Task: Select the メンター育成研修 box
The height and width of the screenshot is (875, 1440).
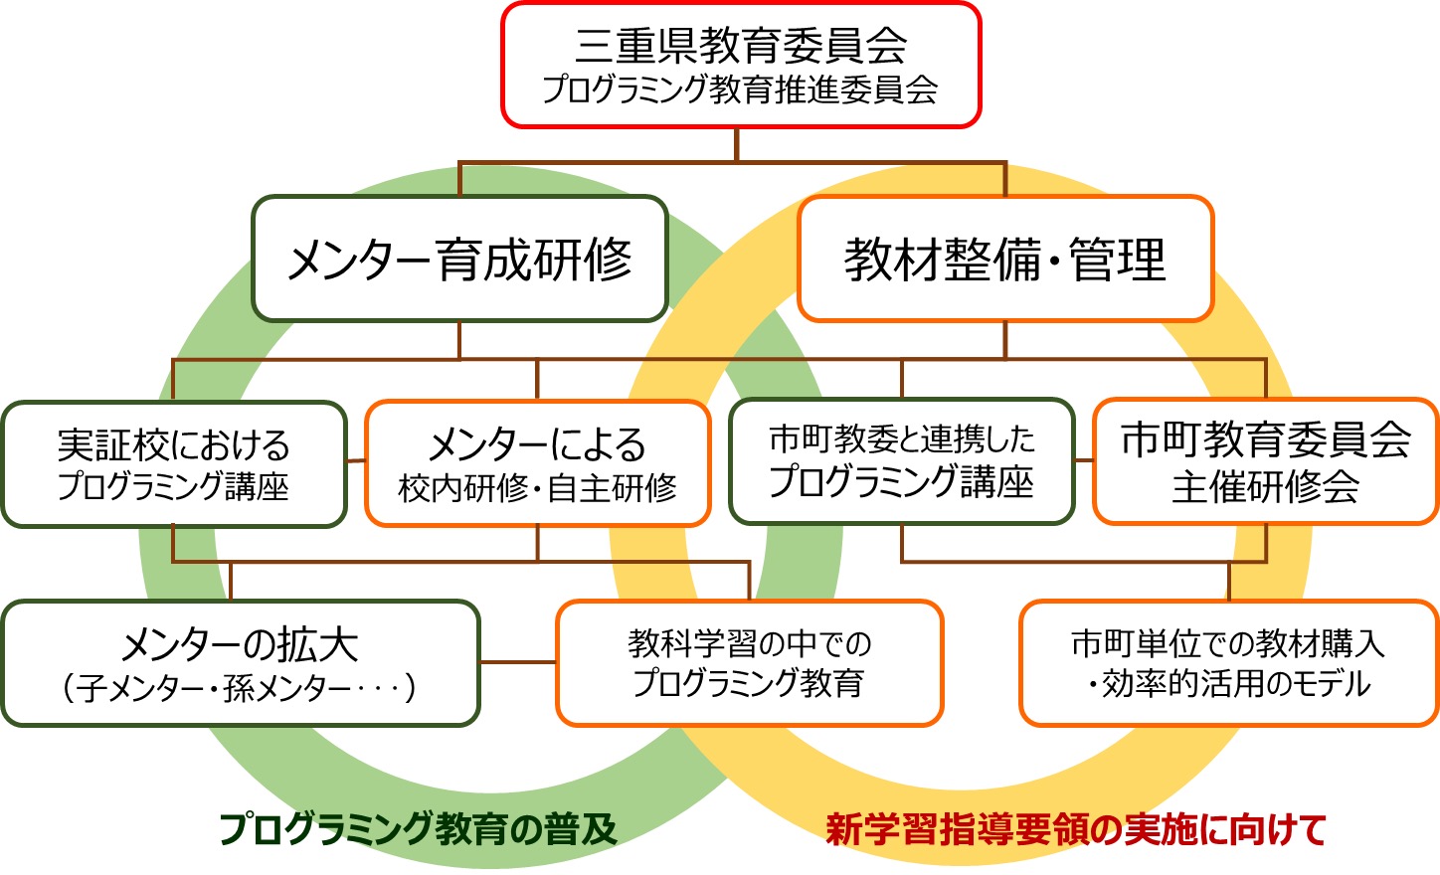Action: [459, 259]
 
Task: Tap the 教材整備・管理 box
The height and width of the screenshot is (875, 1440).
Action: [1004, 259]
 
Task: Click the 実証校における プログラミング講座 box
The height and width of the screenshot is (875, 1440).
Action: [173, 463]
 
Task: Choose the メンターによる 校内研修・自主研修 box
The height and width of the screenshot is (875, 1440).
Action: [537, 463]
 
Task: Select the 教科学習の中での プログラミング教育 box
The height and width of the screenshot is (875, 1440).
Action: [749, 663]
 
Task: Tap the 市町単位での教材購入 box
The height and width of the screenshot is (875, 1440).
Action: [1228, 644]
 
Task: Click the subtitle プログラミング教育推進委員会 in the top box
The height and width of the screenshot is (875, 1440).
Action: [740, 89]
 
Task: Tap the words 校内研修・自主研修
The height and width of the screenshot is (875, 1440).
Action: [537, 487]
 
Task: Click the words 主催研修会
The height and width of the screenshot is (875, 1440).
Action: [1265, 487]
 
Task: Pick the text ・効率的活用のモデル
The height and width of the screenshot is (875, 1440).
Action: [1228, 684]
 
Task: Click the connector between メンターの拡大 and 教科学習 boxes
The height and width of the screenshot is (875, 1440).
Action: [517, 662]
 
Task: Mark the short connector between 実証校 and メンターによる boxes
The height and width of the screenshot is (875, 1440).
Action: [356, 461]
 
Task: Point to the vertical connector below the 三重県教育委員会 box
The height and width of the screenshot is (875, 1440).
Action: [737, 144]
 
